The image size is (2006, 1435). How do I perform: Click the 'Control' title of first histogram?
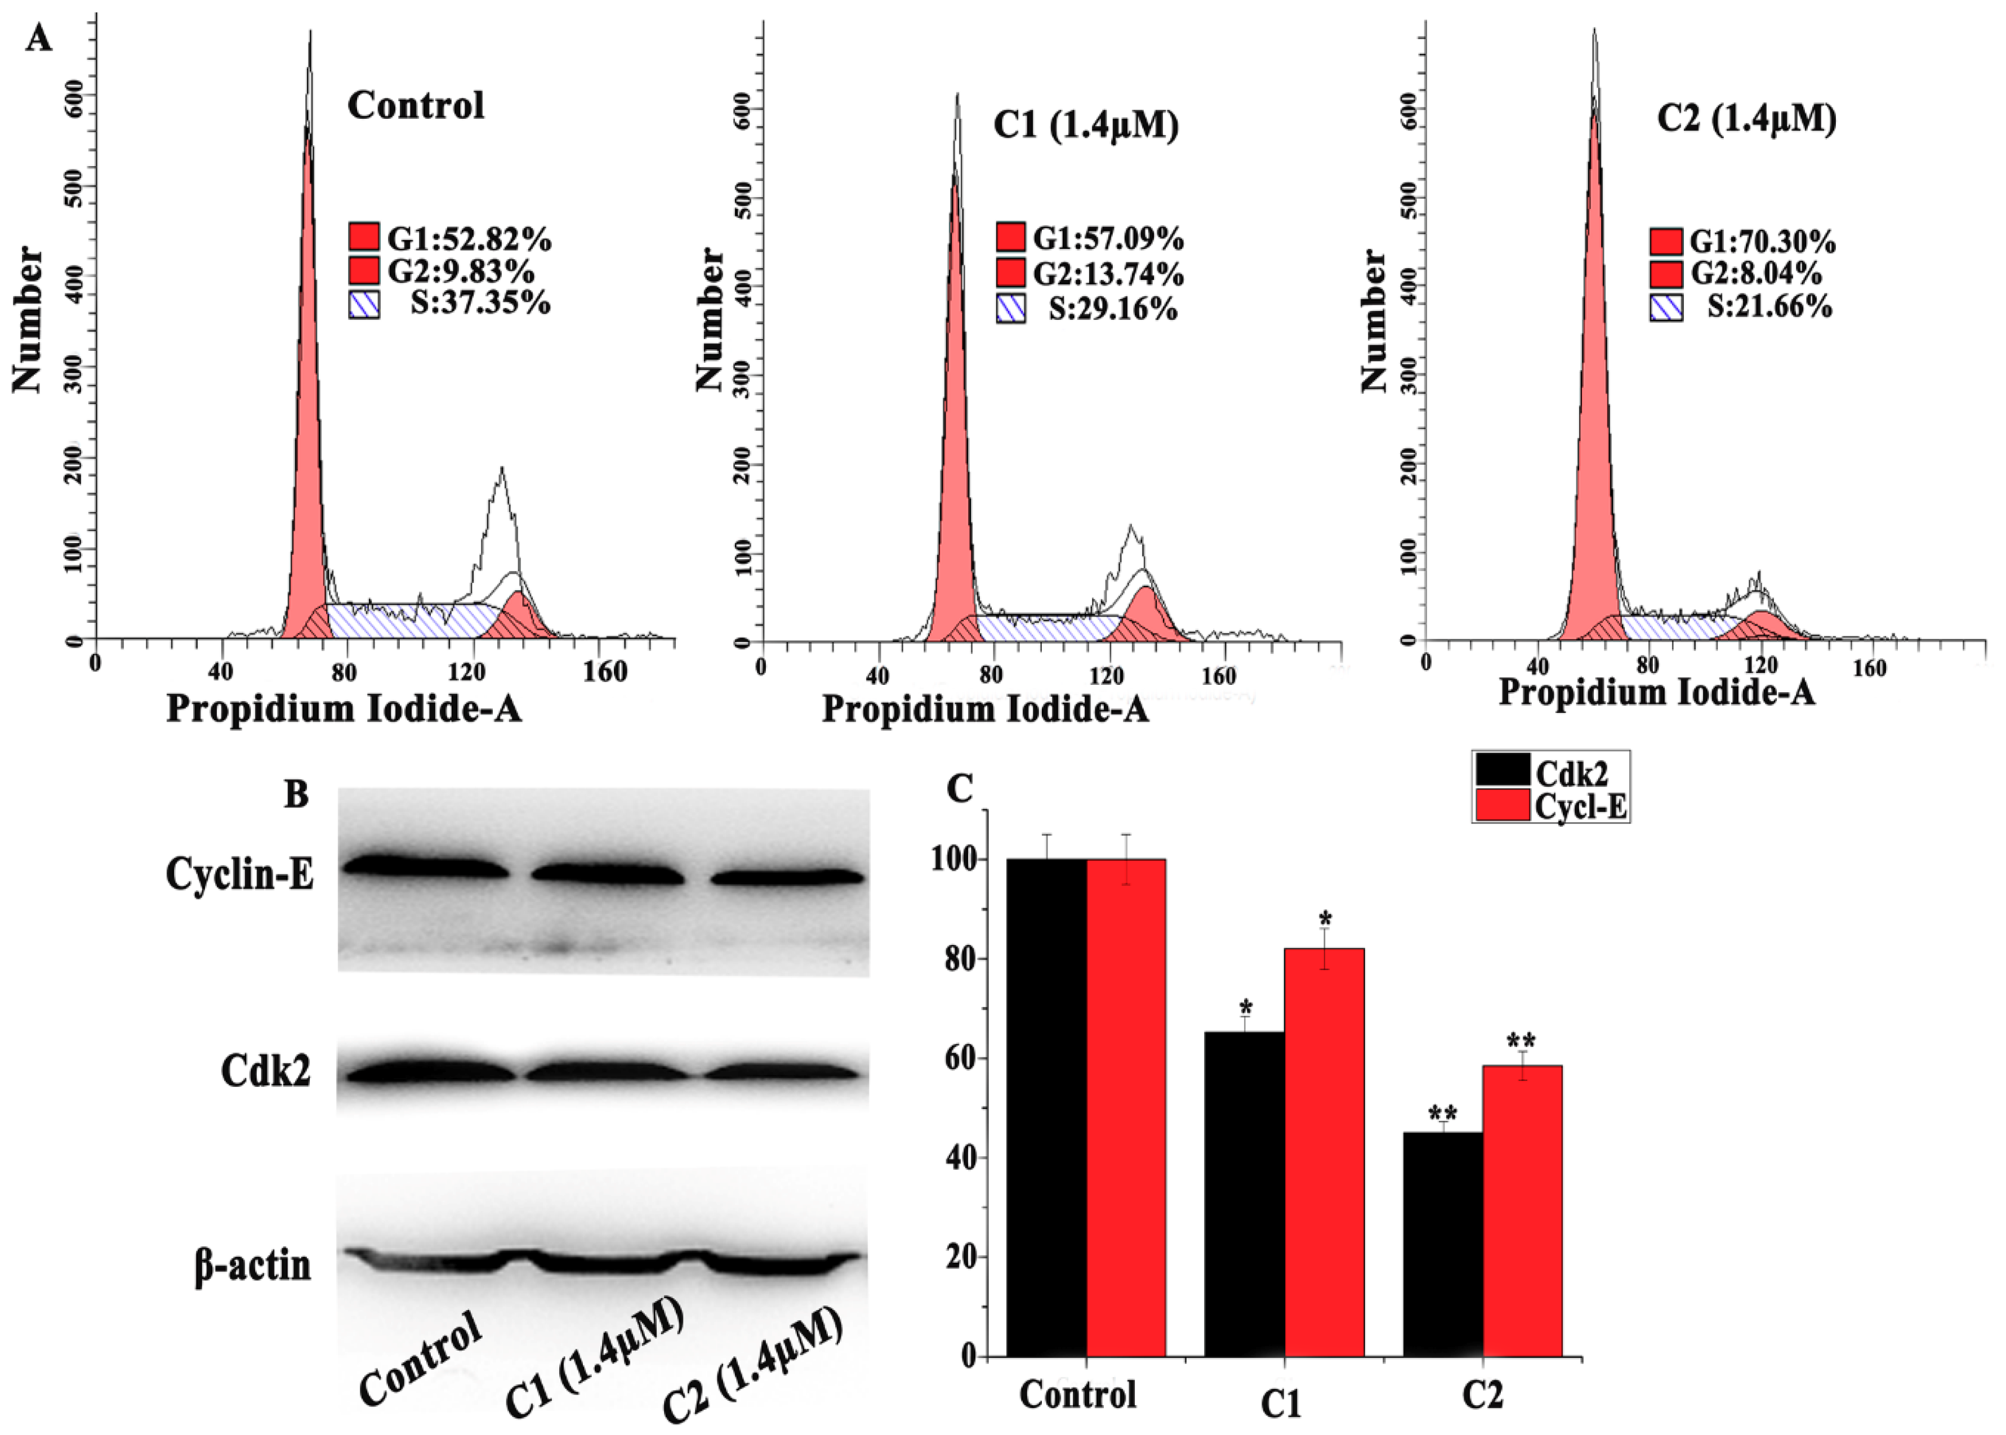[416, 106]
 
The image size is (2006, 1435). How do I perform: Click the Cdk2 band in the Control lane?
[430, 1073]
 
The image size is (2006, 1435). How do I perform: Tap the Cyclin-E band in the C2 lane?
[787, 877]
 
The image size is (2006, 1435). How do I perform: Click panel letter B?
[296, 794]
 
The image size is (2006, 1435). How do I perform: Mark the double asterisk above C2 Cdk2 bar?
[1442, 1115]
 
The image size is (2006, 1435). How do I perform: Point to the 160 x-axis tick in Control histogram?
[605, 671]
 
